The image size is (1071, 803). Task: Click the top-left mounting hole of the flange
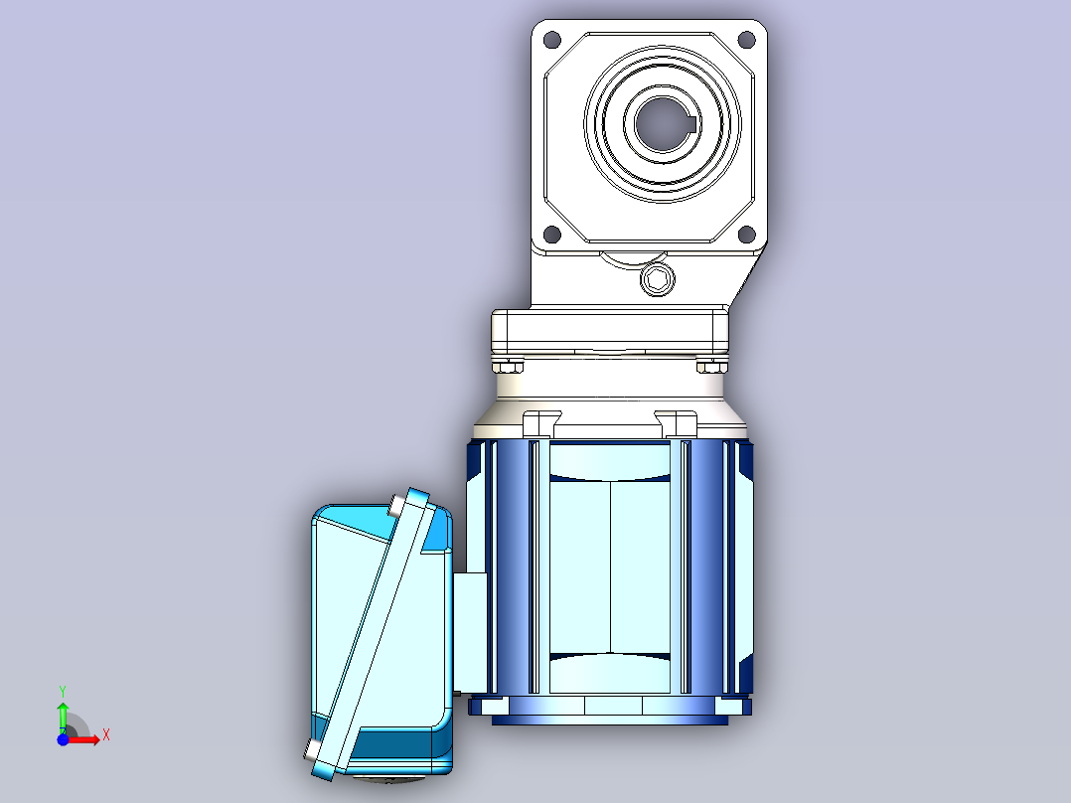tap(552, 40)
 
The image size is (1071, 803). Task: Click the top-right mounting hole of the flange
tap(747, 40)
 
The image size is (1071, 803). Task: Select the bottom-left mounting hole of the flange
tap(552, 236)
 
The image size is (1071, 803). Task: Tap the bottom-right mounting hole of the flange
tap(747, 236)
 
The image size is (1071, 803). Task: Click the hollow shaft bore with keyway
tap(663, 124)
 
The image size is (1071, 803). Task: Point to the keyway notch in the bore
tap(691, 124)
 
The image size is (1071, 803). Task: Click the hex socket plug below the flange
tap(658, 279)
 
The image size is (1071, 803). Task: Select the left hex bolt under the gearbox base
tap(507, 367)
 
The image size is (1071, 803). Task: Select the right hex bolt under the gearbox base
tap(711, 367)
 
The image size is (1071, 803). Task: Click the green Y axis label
tap(63, 692)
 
